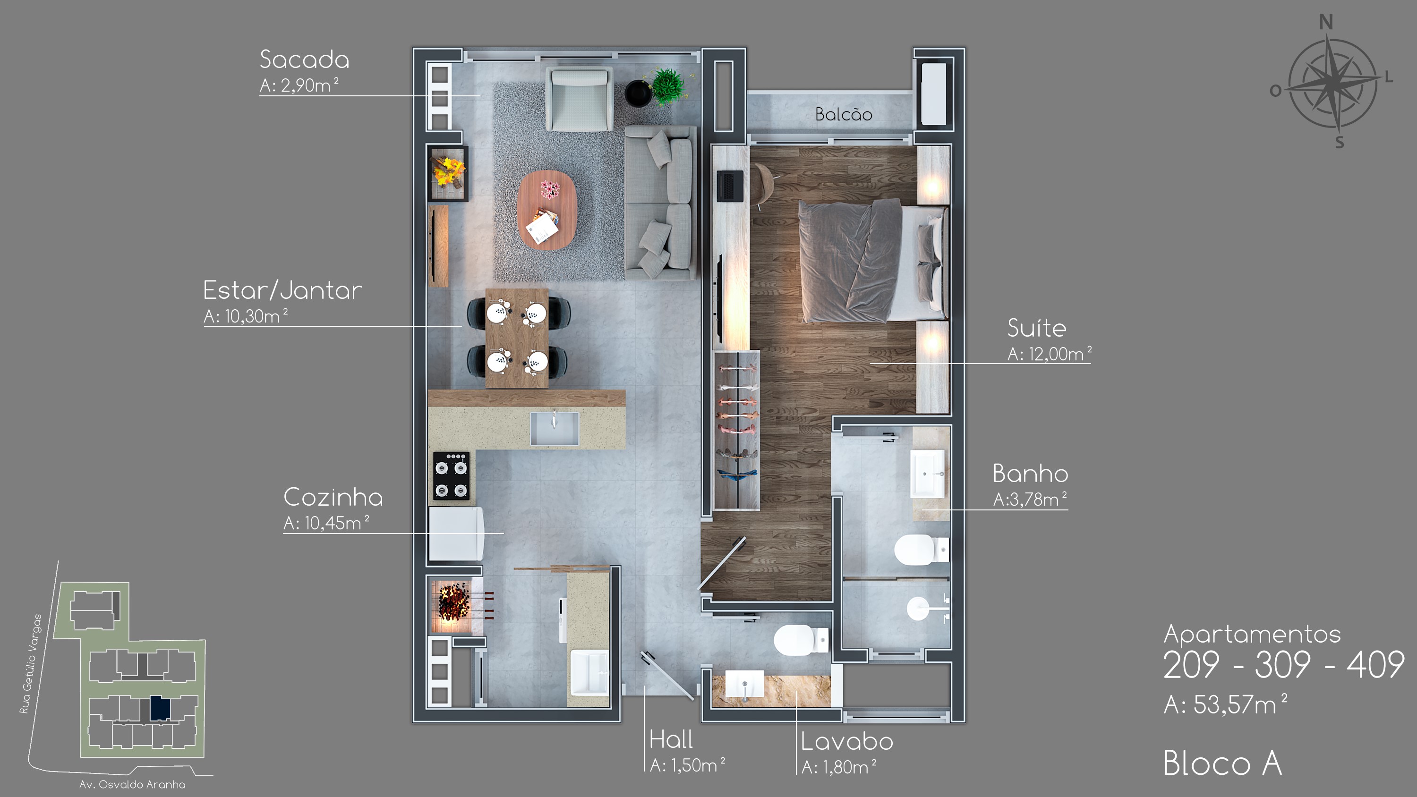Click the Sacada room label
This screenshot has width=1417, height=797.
[x=304, y=59]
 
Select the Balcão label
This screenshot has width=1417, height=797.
[x=843, y=114]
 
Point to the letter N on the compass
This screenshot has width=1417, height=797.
[x=1326, y=23]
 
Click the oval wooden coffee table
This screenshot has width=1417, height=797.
[x=547, y=210]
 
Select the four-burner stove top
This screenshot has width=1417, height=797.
[x=451, y=476]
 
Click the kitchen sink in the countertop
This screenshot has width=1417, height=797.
[x=555, y=428]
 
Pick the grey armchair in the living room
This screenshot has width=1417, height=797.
[x=579, y=100]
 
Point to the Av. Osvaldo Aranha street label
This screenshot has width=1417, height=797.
[x=132, y=784]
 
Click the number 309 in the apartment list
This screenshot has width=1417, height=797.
[x=1282, y=664]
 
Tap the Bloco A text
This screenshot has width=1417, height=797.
[x=1222, y=763]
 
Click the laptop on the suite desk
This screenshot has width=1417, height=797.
[x=730, y=186]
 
